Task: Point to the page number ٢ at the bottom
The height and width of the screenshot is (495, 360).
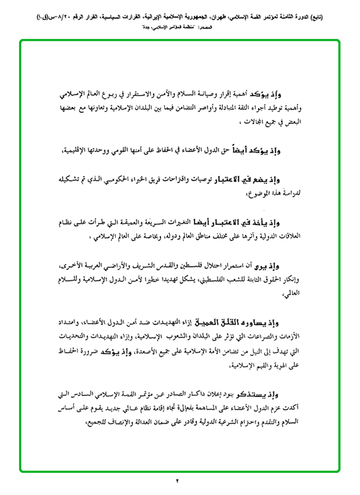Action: pyautogui.click(x=177, y=480)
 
